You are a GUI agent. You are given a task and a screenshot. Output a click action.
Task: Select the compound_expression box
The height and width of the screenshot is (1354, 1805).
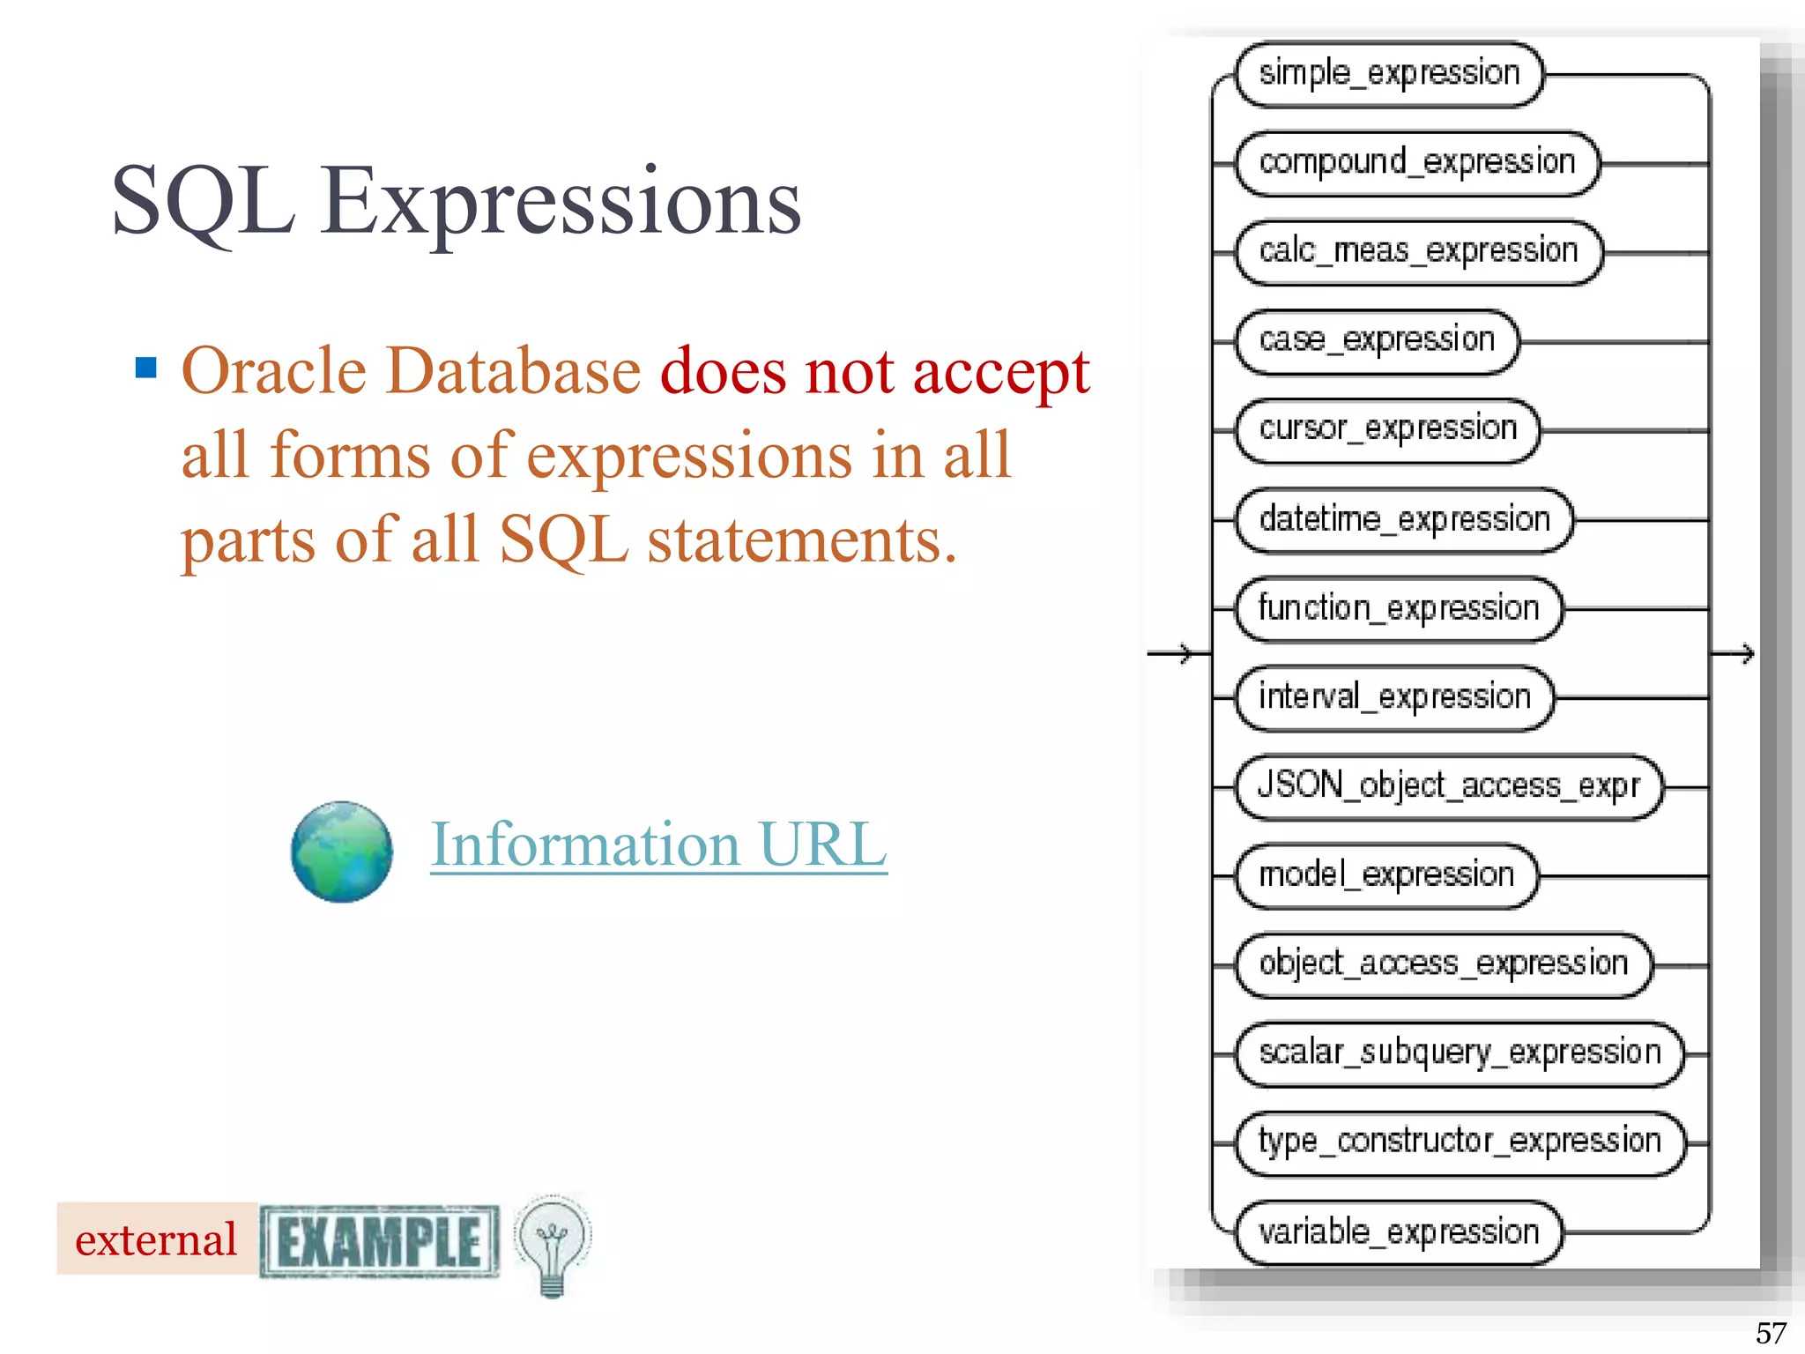(x=1417, y=164)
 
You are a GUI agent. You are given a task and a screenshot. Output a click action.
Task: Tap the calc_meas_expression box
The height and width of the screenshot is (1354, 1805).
(x=1418, y=253)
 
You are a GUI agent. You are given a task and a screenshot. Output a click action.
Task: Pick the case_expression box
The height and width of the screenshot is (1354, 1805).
(x=1377, y=342)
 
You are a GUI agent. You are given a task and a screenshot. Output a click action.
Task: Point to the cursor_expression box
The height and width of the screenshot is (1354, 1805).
(x=1388, y=431)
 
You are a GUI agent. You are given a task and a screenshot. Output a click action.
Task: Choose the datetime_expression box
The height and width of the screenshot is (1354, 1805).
(x=1404, y=521)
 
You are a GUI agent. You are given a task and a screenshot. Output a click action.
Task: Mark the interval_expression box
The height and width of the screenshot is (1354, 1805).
(x=1393, y=698)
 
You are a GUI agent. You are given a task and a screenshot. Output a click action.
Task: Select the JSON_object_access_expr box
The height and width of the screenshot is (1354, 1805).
(x=1448, y=787)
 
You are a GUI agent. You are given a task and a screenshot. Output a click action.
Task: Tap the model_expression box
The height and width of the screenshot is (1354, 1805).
(x=1386, y=876)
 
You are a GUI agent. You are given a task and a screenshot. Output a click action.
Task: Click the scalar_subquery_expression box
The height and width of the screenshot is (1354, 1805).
(x=1459, y=1054)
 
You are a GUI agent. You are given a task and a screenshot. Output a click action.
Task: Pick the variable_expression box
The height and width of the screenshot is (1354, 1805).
(x=1399, y=1232)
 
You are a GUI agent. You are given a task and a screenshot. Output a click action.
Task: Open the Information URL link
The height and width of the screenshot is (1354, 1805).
(x=658, y=845)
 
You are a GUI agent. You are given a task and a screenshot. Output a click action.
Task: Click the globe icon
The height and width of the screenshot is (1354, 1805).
(x=342, y=852)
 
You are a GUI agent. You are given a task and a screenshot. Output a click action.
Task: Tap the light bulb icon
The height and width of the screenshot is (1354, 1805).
(x=553, y=1244)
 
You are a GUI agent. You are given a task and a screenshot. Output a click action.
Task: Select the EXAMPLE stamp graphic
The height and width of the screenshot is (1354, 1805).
(x=380, y=1241)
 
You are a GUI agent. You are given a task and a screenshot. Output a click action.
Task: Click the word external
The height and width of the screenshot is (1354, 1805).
(x=156, y=1240)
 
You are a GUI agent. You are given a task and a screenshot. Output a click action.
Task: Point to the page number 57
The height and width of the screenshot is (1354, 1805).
(x=1771, y=1333)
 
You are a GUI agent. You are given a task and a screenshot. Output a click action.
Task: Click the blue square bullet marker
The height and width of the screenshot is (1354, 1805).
(x=146, y=368)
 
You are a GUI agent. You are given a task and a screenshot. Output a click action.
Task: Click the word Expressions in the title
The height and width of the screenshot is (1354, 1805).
(x=561, y=202)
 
